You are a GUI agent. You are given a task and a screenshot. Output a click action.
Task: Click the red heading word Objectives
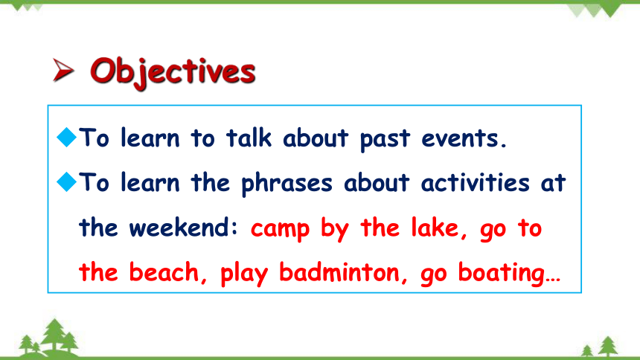pyautogui.click(x=173, y=72)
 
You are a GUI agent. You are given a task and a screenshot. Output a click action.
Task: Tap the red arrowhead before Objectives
pyautogui.click(x=63, y=70)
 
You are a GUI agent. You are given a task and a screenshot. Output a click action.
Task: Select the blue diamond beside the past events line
pyautogui.click(x=66, y=137)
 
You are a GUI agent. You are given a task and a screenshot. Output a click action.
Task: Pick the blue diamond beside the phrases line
pyautogui.click(x=66, y=181)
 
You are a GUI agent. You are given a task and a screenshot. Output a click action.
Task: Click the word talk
pyautogui.click(x=249, y=138)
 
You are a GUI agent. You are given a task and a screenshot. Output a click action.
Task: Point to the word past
pyautogui.click(x=385, y=140)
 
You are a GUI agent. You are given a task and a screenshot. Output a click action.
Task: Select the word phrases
pyautogui.click(x=287, y=183)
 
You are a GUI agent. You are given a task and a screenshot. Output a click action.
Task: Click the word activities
pyautogui.click(x=476, y=182)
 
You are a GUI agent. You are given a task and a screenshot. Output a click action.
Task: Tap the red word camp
pyautogui.click(x=280, y=229)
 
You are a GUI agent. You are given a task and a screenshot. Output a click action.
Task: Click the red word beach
pyautogui.click(x=164, y=271)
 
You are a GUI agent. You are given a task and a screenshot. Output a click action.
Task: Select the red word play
pyautogui.click(x=244, y=273)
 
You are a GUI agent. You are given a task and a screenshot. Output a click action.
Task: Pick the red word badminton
pyautogui.click(x=339, y=271)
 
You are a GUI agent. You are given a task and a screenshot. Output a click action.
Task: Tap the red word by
pyautogui.click(x=335, y=229)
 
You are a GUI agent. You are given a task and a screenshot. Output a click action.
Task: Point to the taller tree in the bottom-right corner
pyautogui.click(x=608, y=346)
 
